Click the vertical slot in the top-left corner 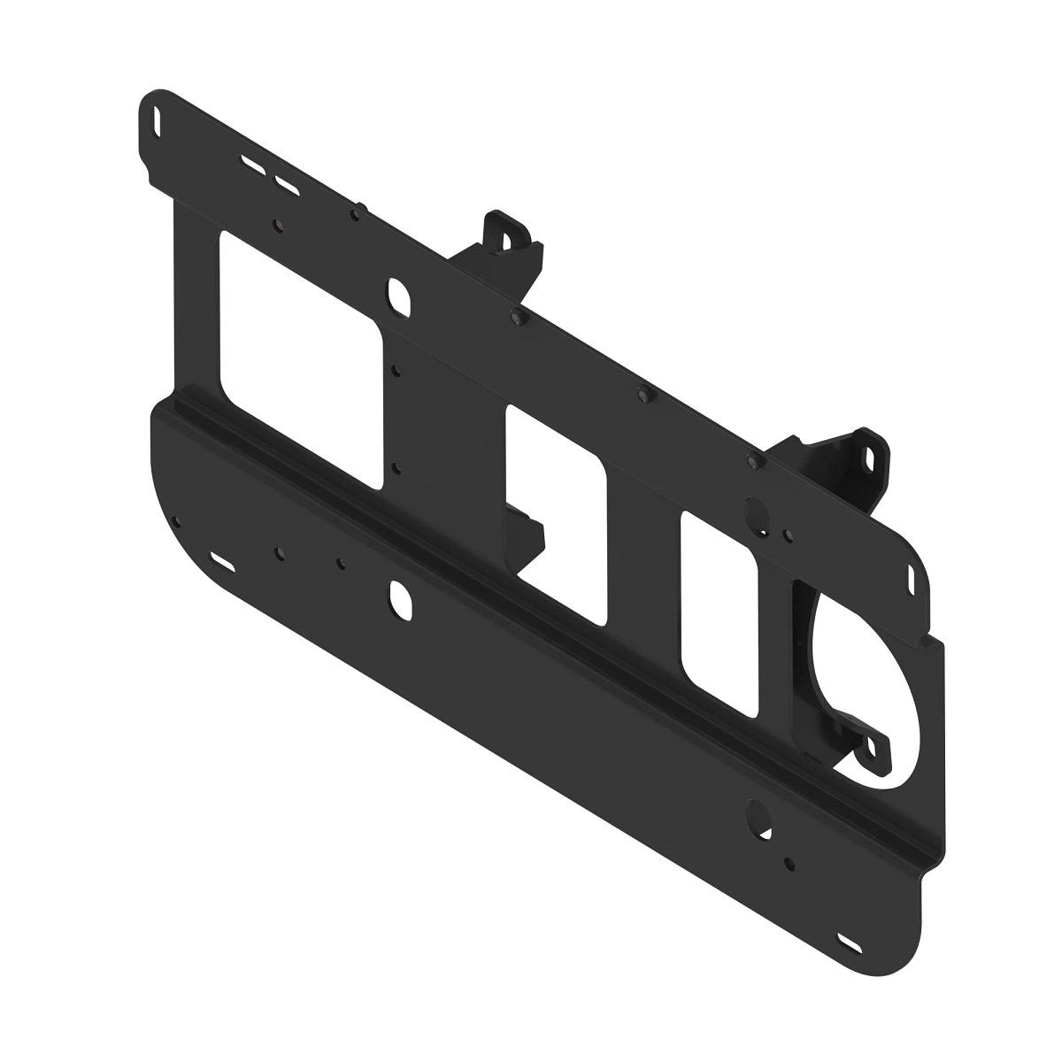tap(158, 117)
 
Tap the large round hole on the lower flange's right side tap(759, 814)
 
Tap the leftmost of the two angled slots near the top tap(251, 165)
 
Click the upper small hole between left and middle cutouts tap(396, 372)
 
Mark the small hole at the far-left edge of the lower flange tap(176, 521)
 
